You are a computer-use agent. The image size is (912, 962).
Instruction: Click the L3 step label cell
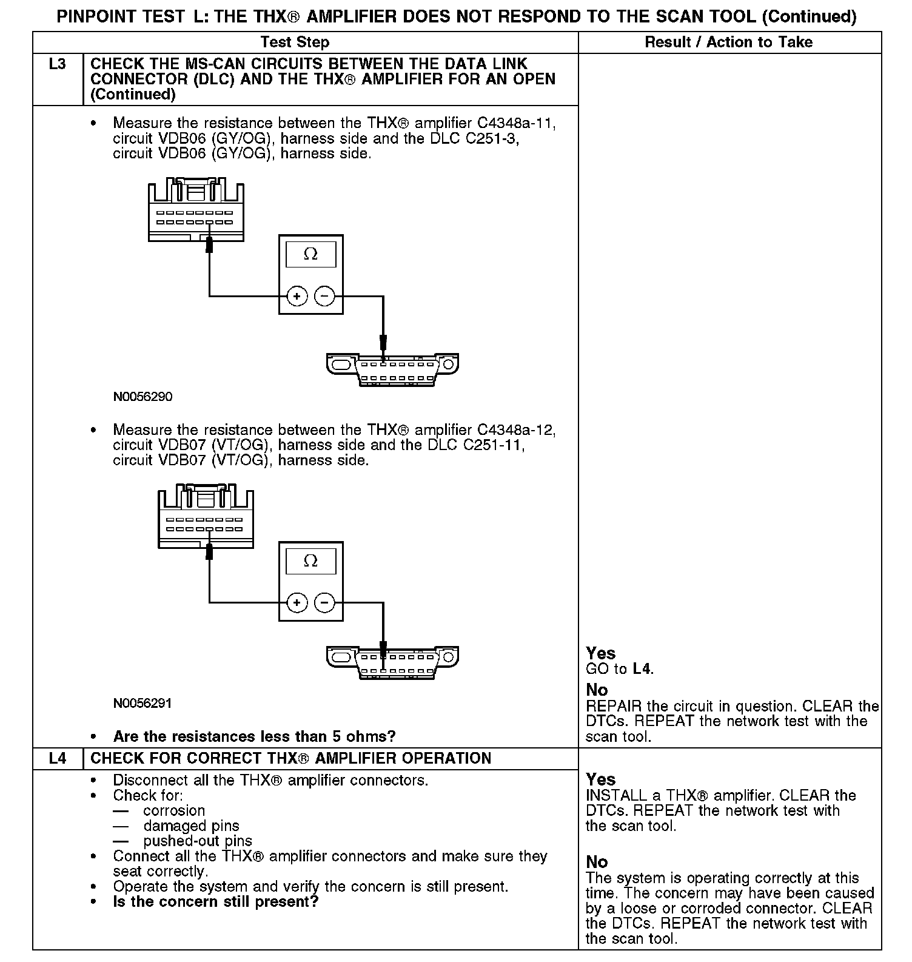click(57, 64)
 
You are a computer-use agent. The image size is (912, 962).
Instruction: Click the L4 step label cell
click(57, 759)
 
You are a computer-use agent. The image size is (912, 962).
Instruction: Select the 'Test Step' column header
click(295, 42)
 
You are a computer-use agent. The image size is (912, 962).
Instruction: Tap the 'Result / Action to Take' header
click(728, 42)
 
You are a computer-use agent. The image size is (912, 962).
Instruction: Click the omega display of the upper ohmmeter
click(310, 254)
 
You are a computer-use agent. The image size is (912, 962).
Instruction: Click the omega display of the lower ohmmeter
click(310, 561)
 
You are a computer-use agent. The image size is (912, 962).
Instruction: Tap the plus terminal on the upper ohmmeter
click(297, 296)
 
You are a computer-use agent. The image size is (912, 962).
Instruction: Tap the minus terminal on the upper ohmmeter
click(325, 296)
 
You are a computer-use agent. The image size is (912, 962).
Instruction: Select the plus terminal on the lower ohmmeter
click(297, 602)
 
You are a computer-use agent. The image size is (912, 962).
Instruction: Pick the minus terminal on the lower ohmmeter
click(325, 602)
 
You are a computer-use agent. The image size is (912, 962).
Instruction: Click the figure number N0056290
click(142, 397)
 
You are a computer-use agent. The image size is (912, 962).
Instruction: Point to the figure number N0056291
click(142, 704)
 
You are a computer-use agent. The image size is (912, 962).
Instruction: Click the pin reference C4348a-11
click(516, 124)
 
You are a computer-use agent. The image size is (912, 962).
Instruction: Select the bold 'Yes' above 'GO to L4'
click(600, 653)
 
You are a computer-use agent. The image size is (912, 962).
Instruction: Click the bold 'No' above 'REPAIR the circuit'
click(597, 690)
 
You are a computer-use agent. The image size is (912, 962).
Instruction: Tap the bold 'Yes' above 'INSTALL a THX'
click(600, 779)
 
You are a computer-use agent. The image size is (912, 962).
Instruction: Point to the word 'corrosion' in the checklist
click(174, 811)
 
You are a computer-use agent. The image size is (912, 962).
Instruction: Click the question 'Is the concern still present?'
click(216, 902)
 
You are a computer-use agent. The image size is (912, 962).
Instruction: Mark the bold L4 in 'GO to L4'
click(642, 669)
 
